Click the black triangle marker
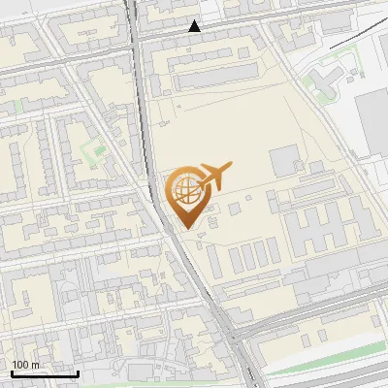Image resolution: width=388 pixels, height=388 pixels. pyautogui.click(x=195, y=27)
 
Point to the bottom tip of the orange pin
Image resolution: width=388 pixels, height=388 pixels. pyautogui.click(x=187, y=229)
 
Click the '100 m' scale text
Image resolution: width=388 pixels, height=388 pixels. pyautogui.click(x=26, y=365)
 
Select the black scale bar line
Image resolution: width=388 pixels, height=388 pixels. pyautogui.click(x=45, y=373)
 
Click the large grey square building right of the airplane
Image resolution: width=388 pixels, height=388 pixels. pyautogui.click(x=285, y=160)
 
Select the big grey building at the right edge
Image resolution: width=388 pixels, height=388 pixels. pyautogui.click(x=372, y=121)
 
